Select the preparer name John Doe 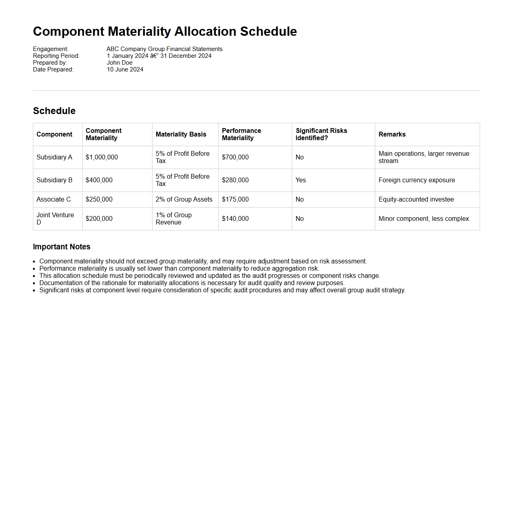120,63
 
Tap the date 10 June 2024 125,69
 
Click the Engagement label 51,49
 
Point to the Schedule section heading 54,111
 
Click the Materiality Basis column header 181,135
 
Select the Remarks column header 392,135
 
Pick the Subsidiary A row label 54,157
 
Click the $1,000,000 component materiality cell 102,157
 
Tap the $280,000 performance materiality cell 235,180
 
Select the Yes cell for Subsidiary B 301,180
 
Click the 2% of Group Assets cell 184,200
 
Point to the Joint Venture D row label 55,219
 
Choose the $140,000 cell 235,219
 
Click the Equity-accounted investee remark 416,200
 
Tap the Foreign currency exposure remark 417,180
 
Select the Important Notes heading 61,247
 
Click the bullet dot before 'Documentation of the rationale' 35,283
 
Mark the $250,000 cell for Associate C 99,200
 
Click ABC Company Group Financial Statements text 164,49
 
